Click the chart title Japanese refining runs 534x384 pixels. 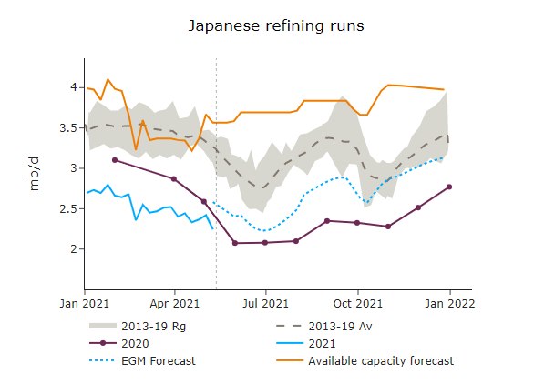click(x=276, y=25)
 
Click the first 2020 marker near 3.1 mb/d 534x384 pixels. click(x=114, y=160)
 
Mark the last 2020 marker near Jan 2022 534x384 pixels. click(x=449, y=187)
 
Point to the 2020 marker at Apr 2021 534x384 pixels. click(x=174, y=179)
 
